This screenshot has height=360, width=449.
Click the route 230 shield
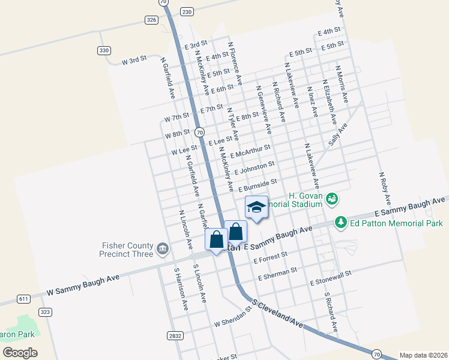187,11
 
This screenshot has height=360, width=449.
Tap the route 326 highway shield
151,20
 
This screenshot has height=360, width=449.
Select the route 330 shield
104,50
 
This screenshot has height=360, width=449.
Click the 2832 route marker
175,336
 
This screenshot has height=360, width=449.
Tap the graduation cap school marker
256,208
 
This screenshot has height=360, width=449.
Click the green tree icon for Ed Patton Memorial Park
341,223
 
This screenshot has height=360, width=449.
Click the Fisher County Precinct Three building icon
162,248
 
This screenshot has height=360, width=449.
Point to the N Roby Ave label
385,188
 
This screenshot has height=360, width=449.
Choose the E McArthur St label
250,150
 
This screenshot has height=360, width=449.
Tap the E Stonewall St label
330,278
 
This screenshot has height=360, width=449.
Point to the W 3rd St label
134,61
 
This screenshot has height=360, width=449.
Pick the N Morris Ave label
342,84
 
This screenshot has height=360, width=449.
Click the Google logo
20,352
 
